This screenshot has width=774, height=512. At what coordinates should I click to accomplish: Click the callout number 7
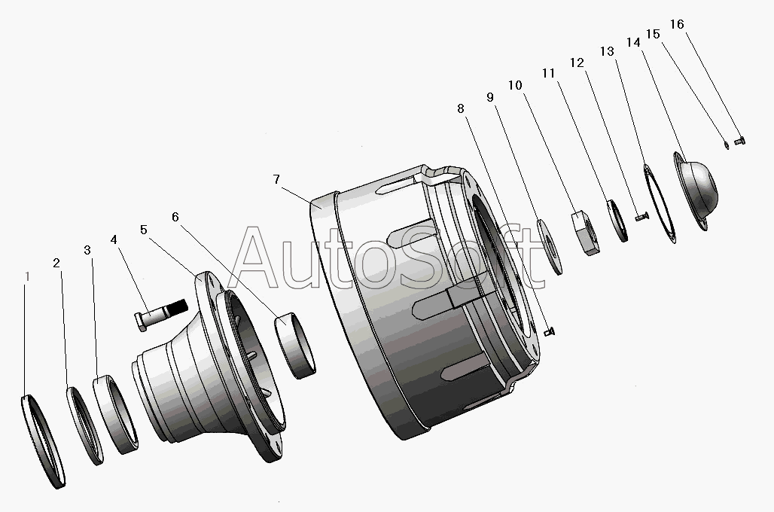276,179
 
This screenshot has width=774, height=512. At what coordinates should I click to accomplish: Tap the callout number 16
677,24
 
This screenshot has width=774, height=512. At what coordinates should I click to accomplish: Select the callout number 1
28,276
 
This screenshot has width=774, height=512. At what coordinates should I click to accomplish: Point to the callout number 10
515,85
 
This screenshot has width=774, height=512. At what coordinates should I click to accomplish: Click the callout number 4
114,239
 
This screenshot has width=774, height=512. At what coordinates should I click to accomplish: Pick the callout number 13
607,51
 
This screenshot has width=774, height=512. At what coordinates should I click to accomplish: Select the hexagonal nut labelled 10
586,232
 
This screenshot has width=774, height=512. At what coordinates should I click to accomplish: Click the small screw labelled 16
739,142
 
